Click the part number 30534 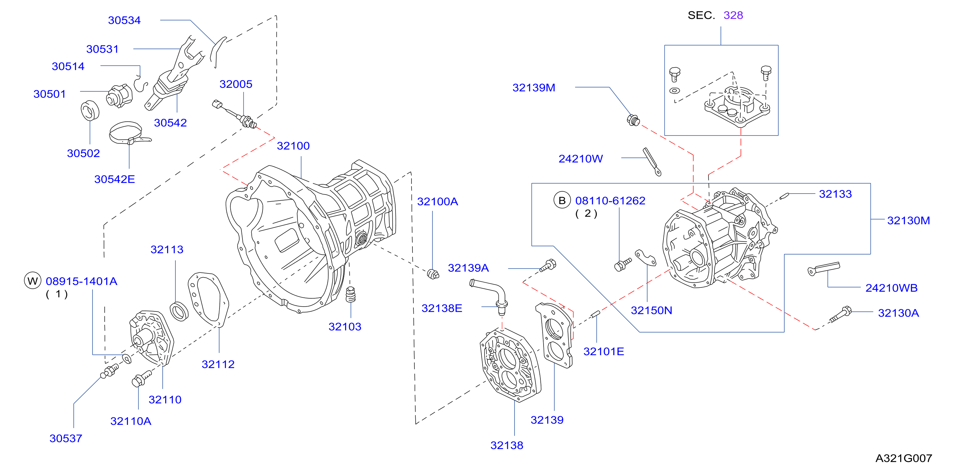point(124,20)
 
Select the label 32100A point(437,202)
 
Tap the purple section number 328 point(733,15)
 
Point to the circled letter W point(33,281)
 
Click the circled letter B point(562,200)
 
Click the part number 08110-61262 point(610,201)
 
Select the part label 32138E point(441,308)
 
